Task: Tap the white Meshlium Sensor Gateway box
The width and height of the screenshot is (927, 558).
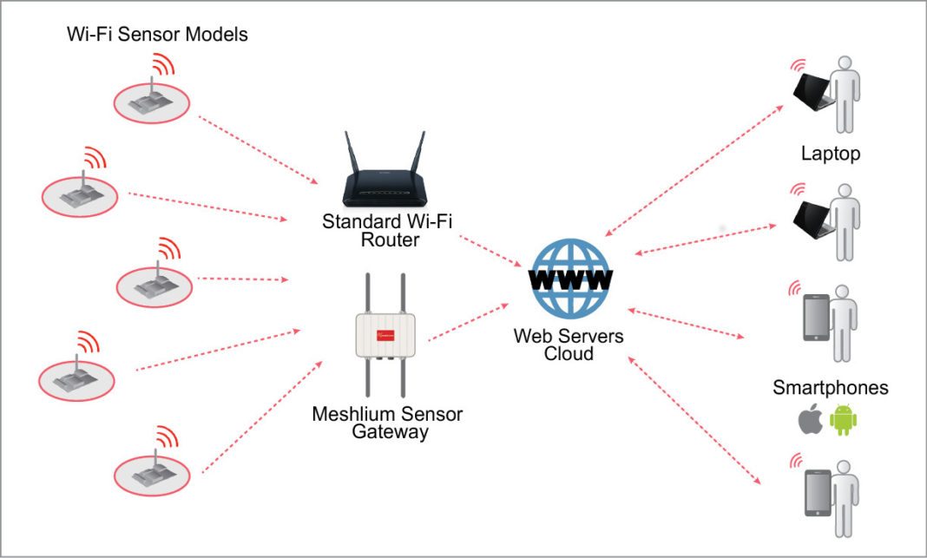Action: (x=385, y=335)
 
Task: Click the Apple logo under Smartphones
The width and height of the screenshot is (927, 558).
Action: (x=810, y=421)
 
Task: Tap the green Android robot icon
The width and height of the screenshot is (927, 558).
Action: (x=843, y=421)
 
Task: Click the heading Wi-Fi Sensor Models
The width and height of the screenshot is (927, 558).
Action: (x=157, y=35)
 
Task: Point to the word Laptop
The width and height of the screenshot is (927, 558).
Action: (x=830, y=154)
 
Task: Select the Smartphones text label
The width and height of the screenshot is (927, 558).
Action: (x=830, y=388)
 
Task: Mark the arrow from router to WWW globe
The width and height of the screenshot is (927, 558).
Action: (x=488, y=249)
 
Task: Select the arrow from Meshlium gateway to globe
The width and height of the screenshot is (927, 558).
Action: (x=469, y=322)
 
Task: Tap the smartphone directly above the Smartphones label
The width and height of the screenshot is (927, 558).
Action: (x=817, y=317)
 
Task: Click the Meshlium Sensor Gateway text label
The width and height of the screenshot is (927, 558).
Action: (x=387, y=423)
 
